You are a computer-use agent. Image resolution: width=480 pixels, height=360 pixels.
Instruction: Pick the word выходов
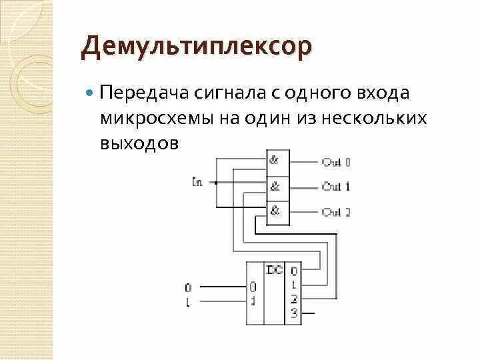pyautogui.click(x=141, y=143)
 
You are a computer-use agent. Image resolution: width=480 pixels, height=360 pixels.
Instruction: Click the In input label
pyautogui.click(x=197, y=181)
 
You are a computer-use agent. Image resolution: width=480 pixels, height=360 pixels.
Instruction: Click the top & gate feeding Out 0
pyautogui.click(x=275, y=161)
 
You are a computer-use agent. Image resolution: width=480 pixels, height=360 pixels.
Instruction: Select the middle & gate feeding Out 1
pyautogui.click(x=275, y=186)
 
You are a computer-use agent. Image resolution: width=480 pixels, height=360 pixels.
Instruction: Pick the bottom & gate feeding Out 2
pyautogui.click(x=275, y=211)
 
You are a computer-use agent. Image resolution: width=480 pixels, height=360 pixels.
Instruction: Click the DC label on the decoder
pyautogui.click(x=275, y=270)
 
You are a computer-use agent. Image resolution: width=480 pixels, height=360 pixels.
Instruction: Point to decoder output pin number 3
pyautogui.click(x=294, y=312)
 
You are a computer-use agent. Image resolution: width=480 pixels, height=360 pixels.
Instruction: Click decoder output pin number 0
pyautogui.click(x=294, y=271)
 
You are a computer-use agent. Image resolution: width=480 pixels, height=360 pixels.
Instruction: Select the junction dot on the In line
pyautogui.click(x=215, y=181)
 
